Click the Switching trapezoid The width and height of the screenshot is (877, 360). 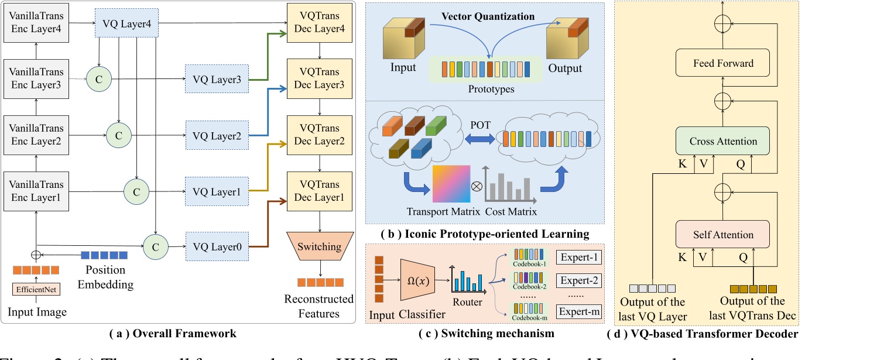[319, 246]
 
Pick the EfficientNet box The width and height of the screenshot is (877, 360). [36, 289]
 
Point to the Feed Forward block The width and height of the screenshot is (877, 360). [723, 63]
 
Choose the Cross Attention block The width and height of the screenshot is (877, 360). [723, 141]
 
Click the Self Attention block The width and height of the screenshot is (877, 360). [723, 235]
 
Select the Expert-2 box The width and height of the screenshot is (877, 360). [578, 280]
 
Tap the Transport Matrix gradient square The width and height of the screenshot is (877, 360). [452, 185]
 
